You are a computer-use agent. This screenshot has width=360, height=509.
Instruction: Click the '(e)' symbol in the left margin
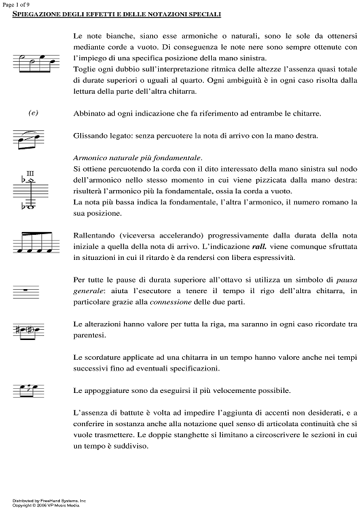coord(32,113)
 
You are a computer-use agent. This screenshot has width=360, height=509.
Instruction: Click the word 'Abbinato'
coord(90,113)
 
